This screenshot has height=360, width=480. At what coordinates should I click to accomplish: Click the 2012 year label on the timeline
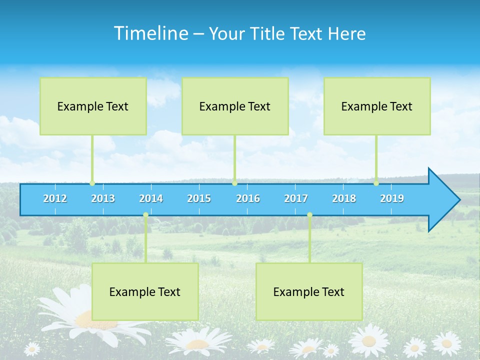click(x=55, y=198)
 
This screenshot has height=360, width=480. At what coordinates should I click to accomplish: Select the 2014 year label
click(x=151, y=198)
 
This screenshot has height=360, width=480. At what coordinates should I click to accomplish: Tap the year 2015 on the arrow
click(x=199, y=198)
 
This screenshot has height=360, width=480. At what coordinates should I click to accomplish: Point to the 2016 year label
click(x=248, y=198)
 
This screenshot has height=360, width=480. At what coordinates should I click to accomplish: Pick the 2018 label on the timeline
click(x=344, y=198)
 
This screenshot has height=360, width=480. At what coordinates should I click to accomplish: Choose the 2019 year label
click(x=392, y=198)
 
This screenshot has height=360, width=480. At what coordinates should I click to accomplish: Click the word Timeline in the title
click(x=150, y=33)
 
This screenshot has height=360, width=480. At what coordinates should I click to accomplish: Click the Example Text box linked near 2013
click(x=93, y=106)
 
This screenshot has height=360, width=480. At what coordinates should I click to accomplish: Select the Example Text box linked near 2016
click(x=235, y=106)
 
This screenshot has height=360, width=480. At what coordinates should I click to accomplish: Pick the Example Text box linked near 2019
click(x=377, y=106)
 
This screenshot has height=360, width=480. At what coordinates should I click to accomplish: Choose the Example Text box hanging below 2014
click(x=145, y=291)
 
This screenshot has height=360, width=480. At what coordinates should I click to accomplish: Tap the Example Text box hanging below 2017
click(x=309, y=291)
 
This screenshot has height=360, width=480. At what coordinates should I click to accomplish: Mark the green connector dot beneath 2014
click(x=145, y=215)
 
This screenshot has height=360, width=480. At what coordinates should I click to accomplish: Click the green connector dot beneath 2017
click(x=309, y=215)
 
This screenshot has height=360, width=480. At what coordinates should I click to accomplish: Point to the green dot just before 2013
click(x=92, y=183)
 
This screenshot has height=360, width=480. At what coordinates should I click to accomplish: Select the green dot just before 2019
click(x=376, y=183)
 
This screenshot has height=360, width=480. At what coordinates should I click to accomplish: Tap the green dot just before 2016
click(x=234, y=183)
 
